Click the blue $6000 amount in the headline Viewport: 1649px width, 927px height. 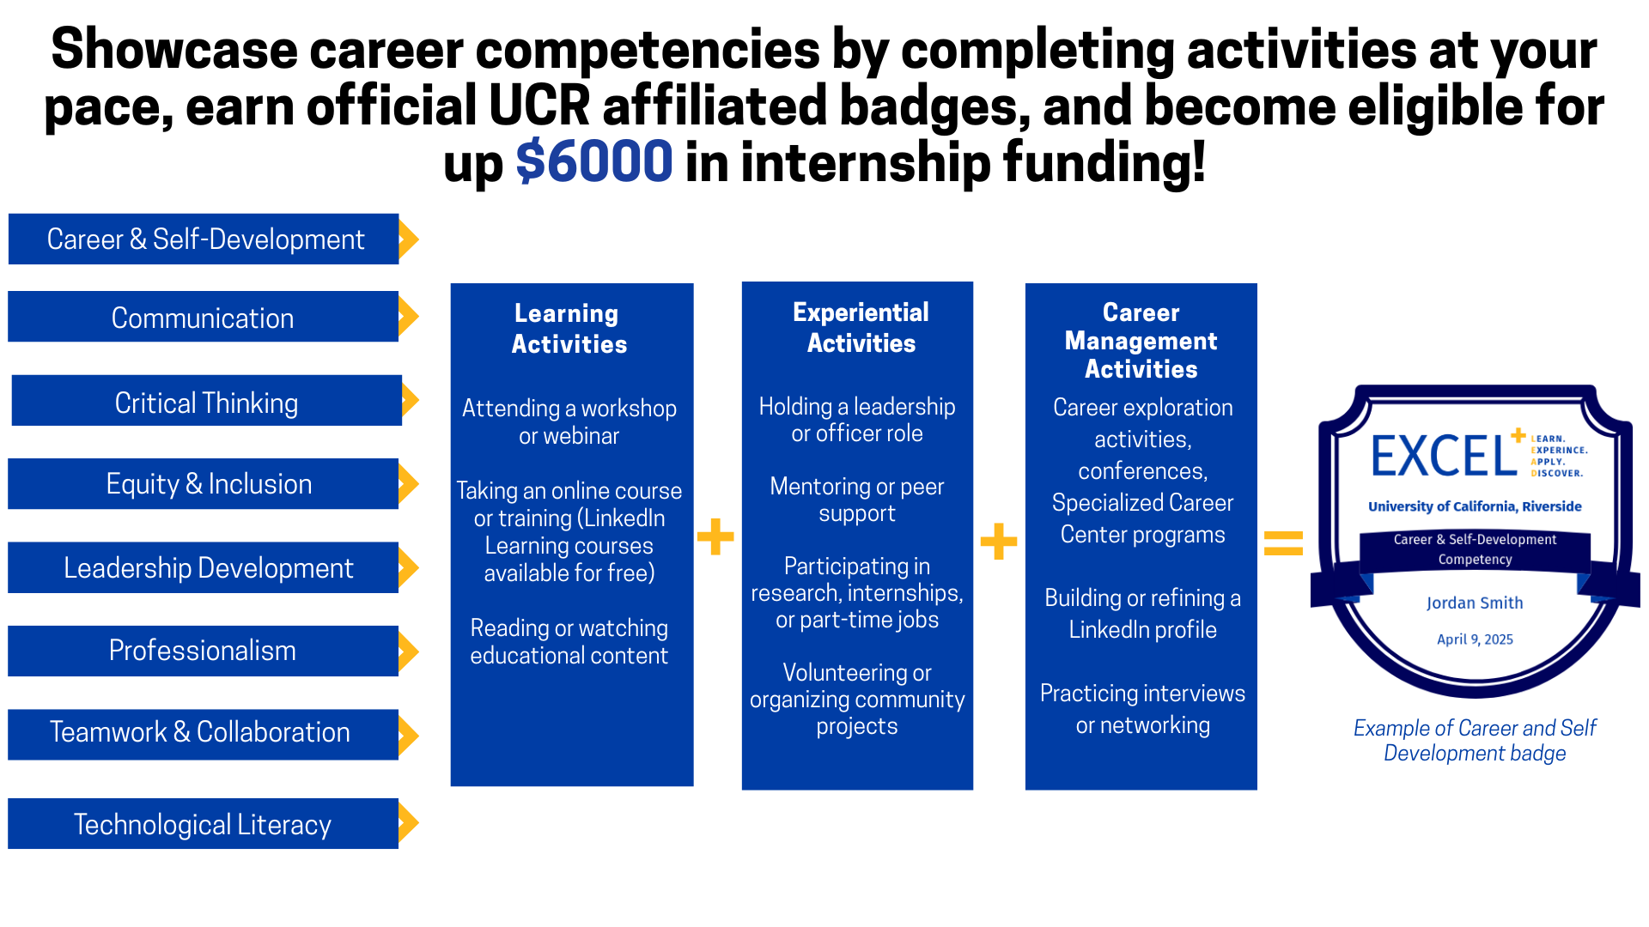pos(593,161)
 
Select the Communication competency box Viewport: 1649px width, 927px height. pos(203,317)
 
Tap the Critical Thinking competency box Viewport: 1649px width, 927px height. pos(206,401)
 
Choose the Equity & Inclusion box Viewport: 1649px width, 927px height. pos(203,484)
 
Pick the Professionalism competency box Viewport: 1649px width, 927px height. pos(203,651)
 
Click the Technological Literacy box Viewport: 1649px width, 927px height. pos(203,824)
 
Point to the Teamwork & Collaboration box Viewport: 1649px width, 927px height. pos(203,735)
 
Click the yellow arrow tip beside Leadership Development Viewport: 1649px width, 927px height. pos(417,567)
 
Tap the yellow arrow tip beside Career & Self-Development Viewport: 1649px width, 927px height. pos(417,239)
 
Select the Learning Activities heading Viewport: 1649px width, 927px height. pos(569,329)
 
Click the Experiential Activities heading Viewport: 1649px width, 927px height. pos(861,328)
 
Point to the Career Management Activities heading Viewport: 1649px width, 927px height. pos(1141,341)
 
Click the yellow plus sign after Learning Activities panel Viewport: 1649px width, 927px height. pos(715,537)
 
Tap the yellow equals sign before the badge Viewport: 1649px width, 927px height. pos(1284,542)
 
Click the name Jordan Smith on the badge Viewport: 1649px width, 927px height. pos(1475,603)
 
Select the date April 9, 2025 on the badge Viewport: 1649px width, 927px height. pos(1475,639)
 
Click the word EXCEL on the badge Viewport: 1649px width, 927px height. pos(1444,456)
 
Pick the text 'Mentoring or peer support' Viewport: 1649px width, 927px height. pos(857,500)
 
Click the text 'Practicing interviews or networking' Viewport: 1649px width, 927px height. pos(1142,709)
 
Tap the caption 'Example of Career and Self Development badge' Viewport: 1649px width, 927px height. pos(1475,741)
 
